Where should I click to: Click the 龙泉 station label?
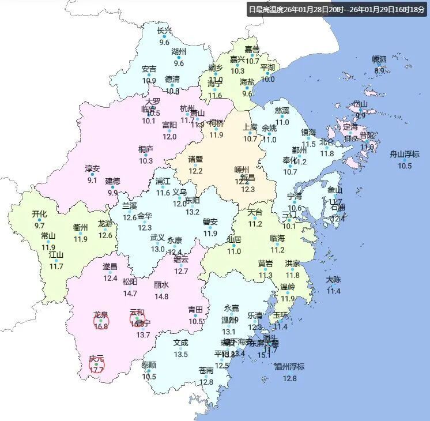[x=101, y=315]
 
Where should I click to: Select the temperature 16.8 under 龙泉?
[x=101, y=326]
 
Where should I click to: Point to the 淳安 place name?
[x=92, y=169]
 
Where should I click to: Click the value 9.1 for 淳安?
[x=92, y=181]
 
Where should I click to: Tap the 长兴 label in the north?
[x=164, y=31]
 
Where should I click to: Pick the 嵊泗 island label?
[x=379, y=59]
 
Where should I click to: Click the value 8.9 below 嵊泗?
[x=379, y=71]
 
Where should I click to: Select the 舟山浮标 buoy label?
[x=405, y=154]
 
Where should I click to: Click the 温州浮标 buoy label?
[x=289, y=367]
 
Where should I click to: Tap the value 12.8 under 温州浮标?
[x=289, y=378]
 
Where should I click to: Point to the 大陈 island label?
[x=333, y=280]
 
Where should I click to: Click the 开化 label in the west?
[x=39, y=214]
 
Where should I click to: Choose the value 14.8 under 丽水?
[x=161, y=296]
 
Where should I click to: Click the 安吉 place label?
[x=149, y=69]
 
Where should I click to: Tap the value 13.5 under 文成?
[x=181, y=354]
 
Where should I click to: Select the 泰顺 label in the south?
[x=149, y=365]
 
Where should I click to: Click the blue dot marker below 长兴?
[x=164, y=36]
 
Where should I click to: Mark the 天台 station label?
[x=255, y=212]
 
